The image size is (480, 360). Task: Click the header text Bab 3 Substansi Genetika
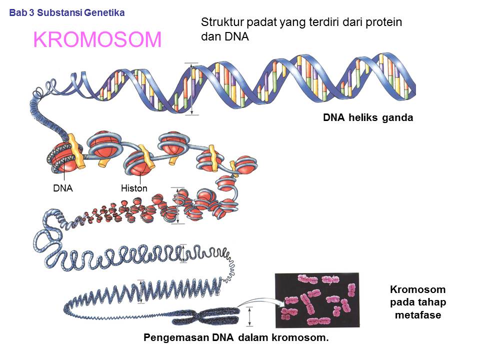point(67,12)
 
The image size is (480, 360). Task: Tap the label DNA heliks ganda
point(367,118)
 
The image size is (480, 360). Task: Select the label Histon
point(134,188)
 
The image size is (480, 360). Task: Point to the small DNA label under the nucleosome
point(63,188)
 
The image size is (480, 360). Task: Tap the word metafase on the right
point(417,315)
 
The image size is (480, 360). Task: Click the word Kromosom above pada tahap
point(417,290)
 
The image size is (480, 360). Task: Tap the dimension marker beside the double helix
point(191,89)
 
